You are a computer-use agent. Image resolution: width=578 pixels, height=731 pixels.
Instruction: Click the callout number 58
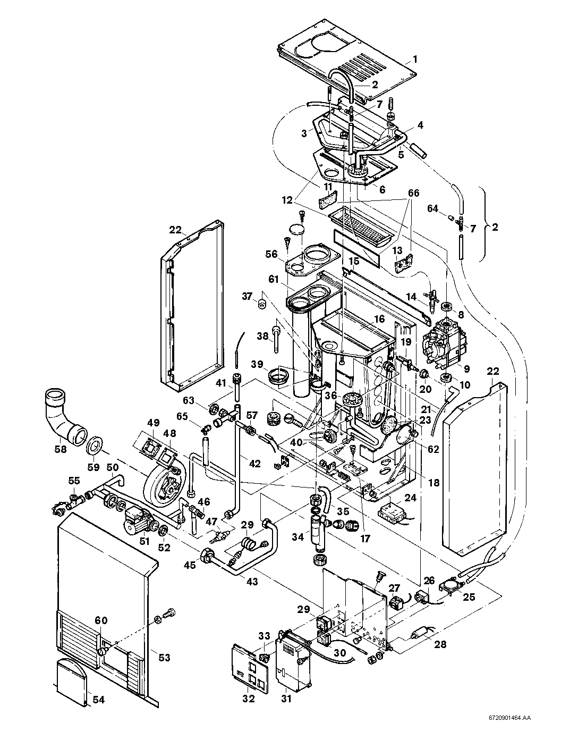pos(61,449)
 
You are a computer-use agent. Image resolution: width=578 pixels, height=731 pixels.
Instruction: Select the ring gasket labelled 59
pos(95,444)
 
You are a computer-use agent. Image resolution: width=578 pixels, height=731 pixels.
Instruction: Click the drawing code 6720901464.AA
pos(509,718)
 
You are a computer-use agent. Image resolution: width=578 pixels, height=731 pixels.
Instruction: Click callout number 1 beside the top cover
pos(416,59)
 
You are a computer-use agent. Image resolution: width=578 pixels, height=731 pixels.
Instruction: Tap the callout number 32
pos(248,699)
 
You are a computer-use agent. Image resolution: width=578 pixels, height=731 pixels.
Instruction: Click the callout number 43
pos(252,582)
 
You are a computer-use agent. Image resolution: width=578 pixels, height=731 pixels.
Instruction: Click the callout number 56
pos(272,254)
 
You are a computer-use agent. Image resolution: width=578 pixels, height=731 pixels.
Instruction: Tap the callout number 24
pos(410,498)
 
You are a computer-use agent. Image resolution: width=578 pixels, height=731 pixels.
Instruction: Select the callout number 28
pos(440,644)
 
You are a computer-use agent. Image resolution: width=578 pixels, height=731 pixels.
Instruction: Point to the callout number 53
pos(164,658)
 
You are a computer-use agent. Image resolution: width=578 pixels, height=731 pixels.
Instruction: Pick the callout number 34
pos(299,538)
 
